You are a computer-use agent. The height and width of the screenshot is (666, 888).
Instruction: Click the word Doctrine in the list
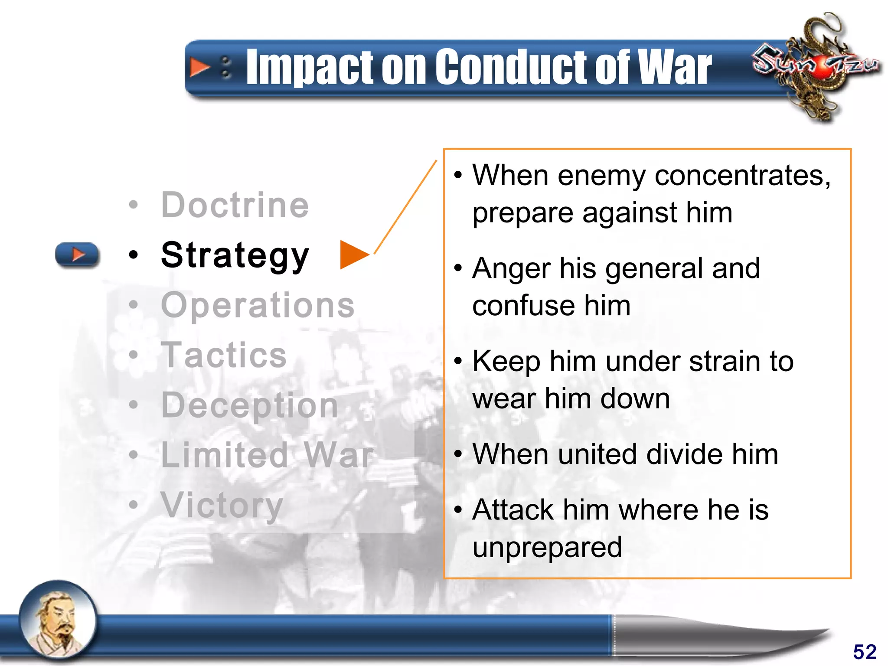(x=235, y=205)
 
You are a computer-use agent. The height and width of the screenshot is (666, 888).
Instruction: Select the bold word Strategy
(x=235, y=255)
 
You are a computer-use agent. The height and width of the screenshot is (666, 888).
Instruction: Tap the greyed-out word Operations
(x=258, y=305)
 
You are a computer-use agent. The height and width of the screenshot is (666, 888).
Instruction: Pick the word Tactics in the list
(x=224, y=355)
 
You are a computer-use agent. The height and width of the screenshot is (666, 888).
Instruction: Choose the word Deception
(x=249, y=405)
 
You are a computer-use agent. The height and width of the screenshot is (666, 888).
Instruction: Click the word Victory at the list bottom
(x=222, y=505)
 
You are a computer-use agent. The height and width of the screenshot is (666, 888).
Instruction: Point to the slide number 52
(x=865, y=652)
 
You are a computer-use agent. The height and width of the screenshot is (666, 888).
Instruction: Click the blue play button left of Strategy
(x=77, y=254)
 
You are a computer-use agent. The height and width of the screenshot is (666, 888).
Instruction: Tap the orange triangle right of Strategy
(x=353, y=255)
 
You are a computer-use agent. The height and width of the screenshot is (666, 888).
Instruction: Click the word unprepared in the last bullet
(x=547, y=547)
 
